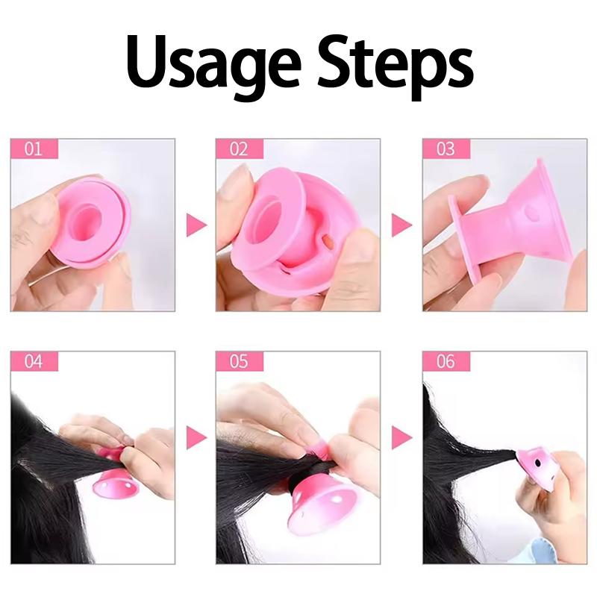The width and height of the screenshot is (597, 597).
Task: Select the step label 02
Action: [239, 149]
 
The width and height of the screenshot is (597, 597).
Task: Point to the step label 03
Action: [446, 149]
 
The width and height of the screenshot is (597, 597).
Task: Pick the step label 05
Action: [239, 362]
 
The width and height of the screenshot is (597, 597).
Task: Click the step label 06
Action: [446, 362]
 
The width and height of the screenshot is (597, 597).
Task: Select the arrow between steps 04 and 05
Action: [196, 438]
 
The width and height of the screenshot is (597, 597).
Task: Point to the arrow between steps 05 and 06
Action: [401, 438]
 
